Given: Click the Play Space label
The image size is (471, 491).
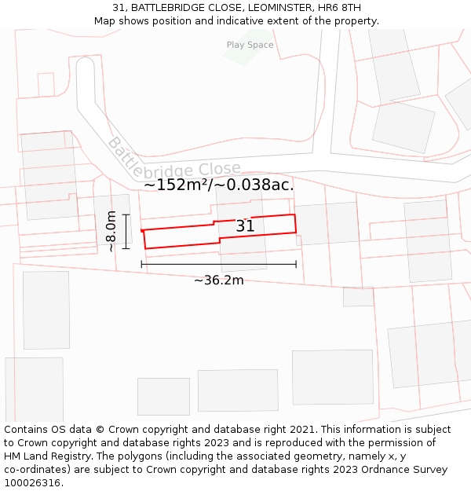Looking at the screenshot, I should click(x=250, y=45).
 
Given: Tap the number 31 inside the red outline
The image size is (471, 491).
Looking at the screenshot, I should click(x=245, y=226).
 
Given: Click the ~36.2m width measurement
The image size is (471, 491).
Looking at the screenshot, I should click(x=218, y=280).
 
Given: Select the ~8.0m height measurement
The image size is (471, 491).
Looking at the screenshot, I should click(x=111, y=230).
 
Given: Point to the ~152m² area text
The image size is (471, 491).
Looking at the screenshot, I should click(x=173, y=185).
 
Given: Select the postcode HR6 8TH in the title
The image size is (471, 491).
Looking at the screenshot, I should click(x=338, y=8).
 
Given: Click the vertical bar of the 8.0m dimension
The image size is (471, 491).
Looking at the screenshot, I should click(x=125, y=230).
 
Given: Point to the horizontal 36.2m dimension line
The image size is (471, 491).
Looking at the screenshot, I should click(x=218, y=265).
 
